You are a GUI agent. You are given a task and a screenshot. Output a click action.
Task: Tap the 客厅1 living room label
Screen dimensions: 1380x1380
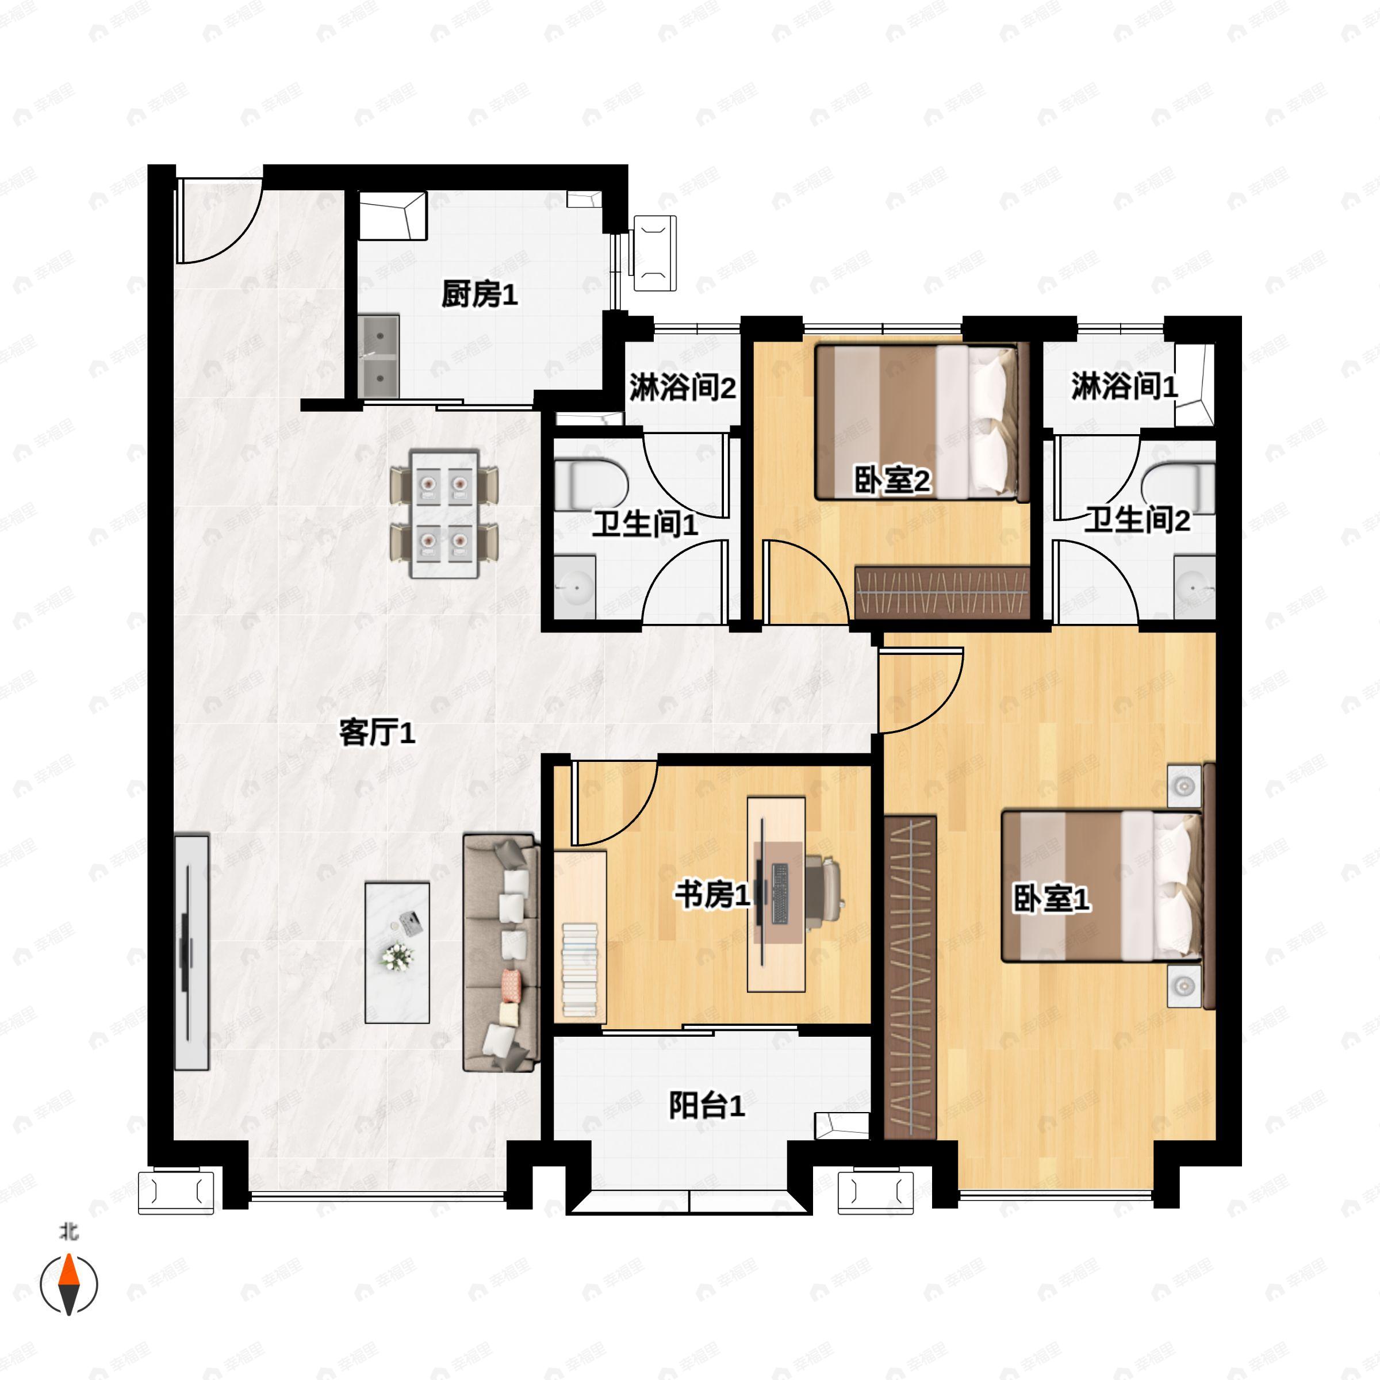377,733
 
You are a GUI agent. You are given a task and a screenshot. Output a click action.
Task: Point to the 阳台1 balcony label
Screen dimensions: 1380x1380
707,1106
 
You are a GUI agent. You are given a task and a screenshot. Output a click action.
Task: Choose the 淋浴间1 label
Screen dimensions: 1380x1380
1124,386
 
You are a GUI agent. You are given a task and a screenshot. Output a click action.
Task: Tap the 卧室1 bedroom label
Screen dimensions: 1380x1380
1052,899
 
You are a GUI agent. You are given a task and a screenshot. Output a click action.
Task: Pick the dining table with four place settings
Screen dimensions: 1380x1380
443,513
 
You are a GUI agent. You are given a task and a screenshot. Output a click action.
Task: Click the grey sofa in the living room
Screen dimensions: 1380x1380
500,953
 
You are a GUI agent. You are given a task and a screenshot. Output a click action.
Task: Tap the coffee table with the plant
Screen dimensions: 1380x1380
397,953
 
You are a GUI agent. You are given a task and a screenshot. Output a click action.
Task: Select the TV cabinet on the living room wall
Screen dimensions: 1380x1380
191,953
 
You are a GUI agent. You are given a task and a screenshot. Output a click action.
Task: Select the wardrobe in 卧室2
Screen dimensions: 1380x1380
941,592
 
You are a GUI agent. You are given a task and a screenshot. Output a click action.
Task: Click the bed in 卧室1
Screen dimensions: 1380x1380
1100,885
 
